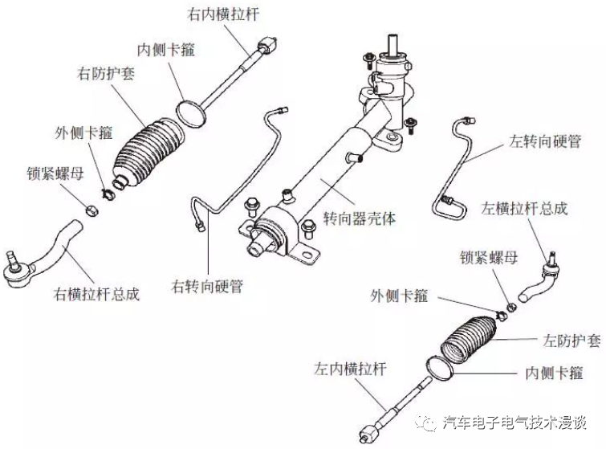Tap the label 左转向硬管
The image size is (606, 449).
click(x=545, y=141)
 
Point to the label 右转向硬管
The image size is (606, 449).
click(x=208, y=286)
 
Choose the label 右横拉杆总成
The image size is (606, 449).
click(x=96, y=293)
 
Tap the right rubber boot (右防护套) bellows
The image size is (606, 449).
click(x=148, y=152)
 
